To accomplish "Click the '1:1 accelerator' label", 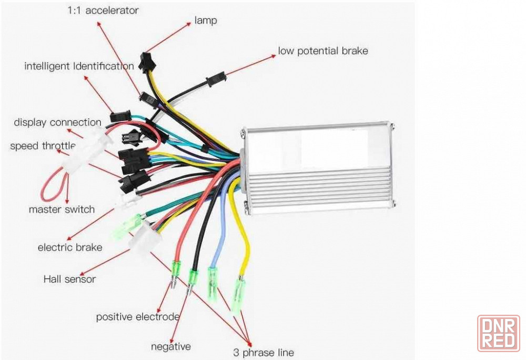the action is [x=103, y=11].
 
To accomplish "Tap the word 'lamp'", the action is [x=206, y=21].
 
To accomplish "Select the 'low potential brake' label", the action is [x=323, y=51].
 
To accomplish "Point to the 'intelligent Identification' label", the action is [x=79, y=66].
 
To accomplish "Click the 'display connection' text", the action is [x=57, y=123].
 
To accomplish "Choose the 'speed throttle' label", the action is [x=43, y=146].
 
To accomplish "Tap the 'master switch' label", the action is [x=62, y=209].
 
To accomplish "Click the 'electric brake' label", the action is [x=70, y=247].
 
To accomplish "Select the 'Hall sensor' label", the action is [x=69, y=279].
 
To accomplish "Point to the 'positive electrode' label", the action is [x=138, y=317].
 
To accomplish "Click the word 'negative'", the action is [x=171, y=347].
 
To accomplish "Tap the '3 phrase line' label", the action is [x=264, y=353].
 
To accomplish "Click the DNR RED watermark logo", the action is [x=499, y=333].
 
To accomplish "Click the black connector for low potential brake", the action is [x=216, y=79].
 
